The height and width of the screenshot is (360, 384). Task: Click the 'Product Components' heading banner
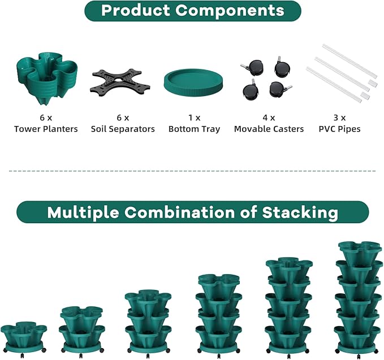point(192,10)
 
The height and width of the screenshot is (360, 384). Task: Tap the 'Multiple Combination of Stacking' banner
point(192,212)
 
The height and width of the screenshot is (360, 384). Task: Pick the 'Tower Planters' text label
point(46,129)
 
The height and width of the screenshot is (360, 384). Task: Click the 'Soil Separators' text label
point(123,129)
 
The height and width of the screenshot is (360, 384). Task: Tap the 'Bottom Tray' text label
point(194,129)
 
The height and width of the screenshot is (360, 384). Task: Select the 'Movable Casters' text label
point(269,129)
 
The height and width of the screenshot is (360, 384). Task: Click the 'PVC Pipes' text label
point(339,129)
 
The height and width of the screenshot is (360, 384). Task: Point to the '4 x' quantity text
point(269,118)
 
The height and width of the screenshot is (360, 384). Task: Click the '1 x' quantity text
point(194,118)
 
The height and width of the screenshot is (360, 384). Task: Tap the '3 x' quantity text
point(339,118)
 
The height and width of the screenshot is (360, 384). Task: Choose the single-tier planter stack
point(23,337)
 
